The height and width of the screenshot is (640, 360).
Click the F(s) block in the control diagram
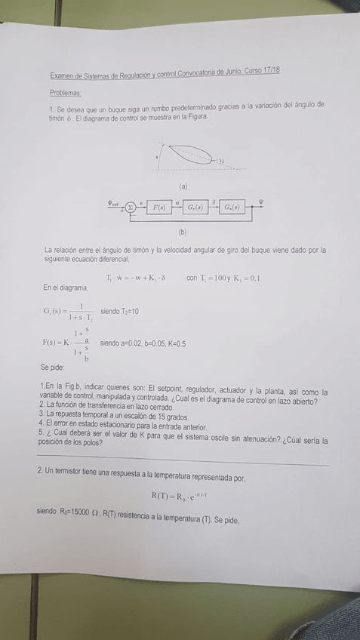click(159, 206)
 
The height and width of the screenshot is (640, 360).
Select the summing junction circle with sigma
click(131, 206)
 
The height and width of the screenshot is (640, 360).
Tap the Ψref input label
click(113, 202)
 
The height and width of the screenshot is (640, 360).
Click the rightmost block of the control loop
click(232, 206)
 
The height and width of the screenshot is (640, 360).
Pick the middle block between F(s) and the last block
click(196, 206)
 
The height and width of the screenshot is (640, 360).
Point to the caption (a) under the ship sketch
click(183, 185)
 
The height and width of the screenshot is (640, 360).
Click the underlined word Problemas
click(66, 91)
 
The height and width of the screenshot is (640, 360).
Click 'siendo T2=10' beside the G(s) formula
click(119, 311)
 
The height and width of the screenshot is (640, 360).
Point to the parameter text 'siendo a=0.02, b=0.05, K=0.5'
click(143, 343)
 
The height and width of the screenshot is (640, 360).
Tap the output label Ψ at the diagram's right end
click(262, 202)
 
